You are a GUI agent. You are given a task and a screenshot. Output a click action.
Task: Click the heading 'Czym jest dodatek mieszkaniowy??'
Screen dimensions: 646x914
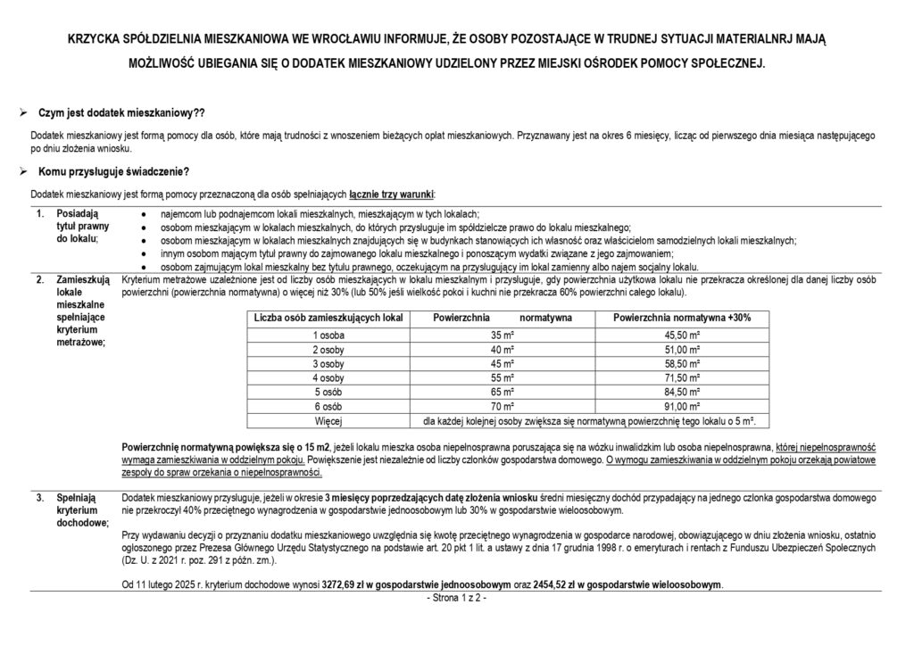[121, 113]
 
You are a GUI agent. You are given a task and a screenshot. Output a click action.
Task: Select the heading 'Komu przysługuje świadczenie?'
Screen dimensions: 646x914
[113, 171]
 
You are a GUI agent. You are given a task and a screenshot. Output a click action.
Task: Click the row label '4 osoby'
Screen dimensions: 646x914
[328, 377]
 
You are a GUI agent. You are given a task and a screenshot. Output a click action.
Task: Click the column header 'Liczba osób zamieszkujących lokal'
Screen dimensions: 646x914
[328, 318]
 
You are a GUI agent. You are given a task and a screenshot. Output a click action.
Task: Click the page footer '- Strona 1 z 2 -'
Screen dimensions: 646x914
[457, 596]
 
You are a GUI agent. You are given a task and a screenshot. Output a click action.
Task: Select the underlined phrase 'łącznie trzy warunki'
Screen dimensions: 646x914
[392, 194]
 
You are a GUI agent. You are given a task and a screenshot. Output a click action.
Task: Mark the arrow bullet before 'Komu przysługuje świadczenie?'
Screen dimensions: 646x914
[23, 171]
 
